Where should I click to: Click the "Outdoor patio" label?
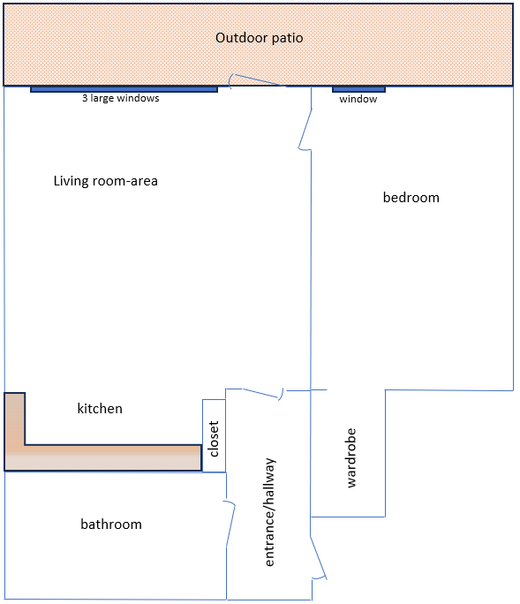[260, 38]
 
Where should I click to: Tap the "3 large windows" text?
[121, 98]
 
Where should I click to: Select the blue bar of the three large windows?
[124, 89]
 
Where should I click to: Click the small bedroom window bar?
[358, 89]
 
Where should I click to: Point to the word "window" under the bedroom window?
[358, 99]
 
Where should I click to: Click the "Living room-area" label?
[106, 181]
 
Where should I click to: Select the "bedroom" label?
[411, 197]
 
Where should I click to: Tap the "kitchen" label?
[100, 408]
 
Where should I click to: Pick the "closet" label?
[214, 439]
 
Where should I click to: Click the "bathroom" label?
[111, 525]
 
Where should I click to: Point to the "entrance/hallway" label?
[269, 512]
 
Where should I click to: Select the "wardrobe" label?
[350, 458]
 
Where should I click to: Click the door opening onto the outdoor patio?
[257, 80]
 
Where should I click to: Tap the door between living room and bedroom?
[305, 129]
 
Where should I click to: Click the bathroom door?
[230, 524]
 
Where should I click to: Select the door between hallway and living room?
[263, 394]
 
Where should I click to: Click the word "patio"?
[287, 38]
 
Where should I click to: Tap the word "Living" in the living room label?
[72, 181]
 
